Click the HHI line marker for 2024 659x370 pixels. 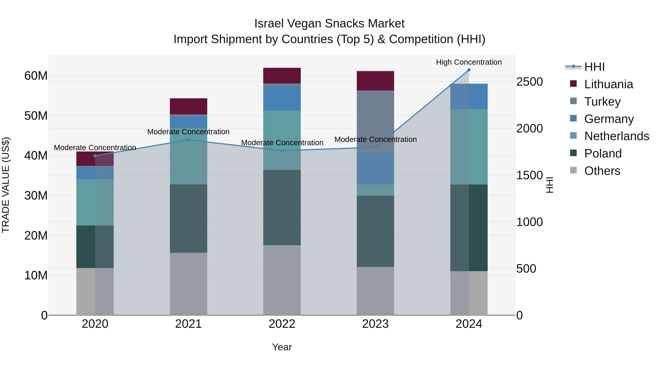(469, 70)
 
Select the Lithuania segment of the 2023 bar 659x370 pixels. (375, 81)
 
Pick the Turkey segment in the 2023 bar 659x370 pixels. (375, 121)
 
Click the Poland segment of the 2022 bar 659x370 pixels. (282, 207)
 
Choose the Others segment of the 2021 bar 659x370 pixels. (189, 284)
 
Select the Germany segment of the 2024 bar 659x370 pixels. (469, 96)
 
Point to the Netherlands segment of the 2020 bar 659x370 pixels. (95, 202)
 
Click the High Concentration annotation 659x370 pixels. (469, 62)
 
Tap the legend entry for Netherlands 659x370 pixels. (617, 136)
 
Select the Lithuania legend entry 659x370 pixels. (608, 84)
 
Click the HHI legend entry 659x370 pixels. (594, 67)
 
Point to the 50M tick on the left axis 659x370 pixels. (36, 116)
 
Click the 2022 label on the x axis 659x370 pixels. (282, 324)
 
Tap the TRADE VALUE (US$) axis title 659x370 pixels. (6, 185)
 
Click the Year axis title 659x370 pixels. (282, 347)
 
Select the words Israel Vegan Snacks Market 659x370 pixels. (329, 24)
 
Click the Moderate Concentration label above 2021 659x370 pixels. (189, 132)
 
